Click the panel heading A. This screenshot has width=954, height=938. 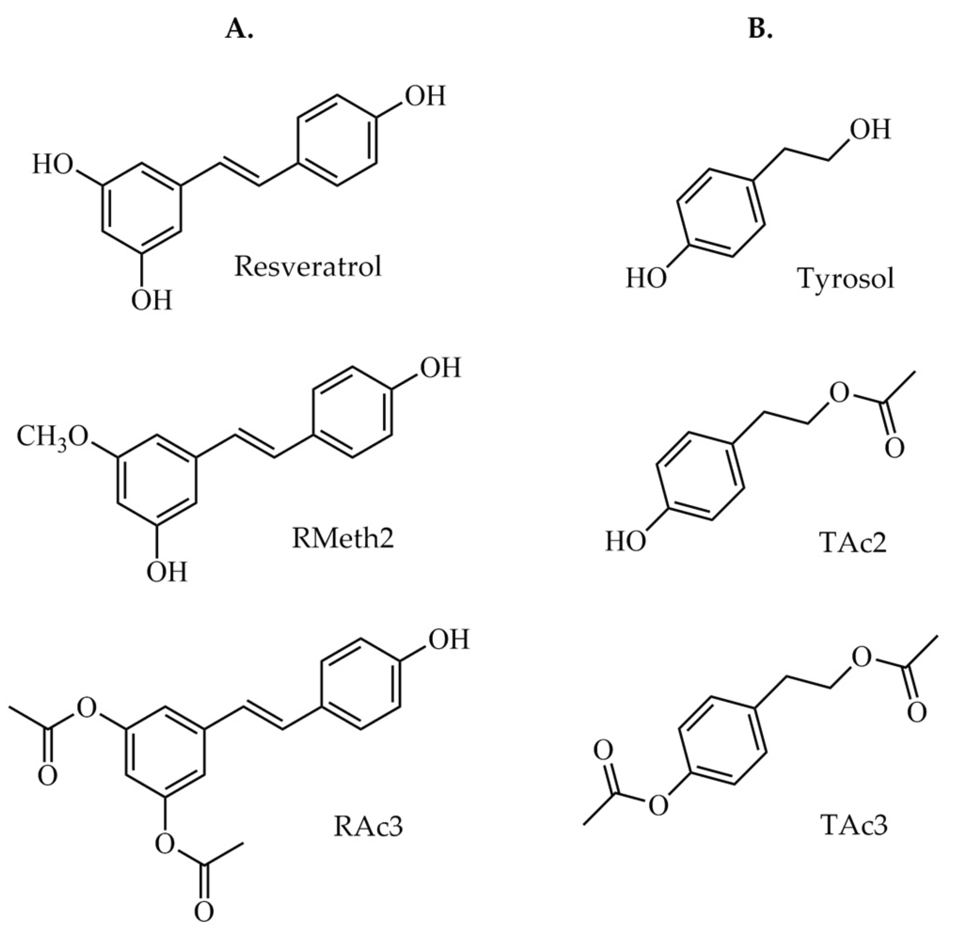pos(239,30)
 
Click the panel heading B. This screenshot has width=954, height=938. pos(760,30)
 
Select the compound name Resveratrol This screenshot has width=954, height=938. pos(307,267)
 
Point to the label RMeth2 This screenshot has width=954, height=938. pos(343,538)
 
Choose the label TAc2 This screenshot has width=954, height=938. pos(853,543)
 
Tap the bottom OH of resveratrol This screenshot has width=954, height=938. pos(151,300)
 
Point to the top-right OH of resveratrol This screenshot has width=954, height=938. pos(425,95)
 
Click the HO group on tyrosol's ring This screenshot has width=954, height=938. pos(646,278)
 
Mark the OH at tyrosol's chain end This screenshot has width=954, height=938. pos(870,130)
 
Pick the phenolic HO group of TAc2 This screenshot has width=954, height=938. pos(625,542)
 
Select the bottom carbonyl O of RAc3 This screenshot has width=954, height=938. pos(204,912)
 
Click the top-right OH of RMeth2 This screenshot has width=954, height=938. pos(440,368)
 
